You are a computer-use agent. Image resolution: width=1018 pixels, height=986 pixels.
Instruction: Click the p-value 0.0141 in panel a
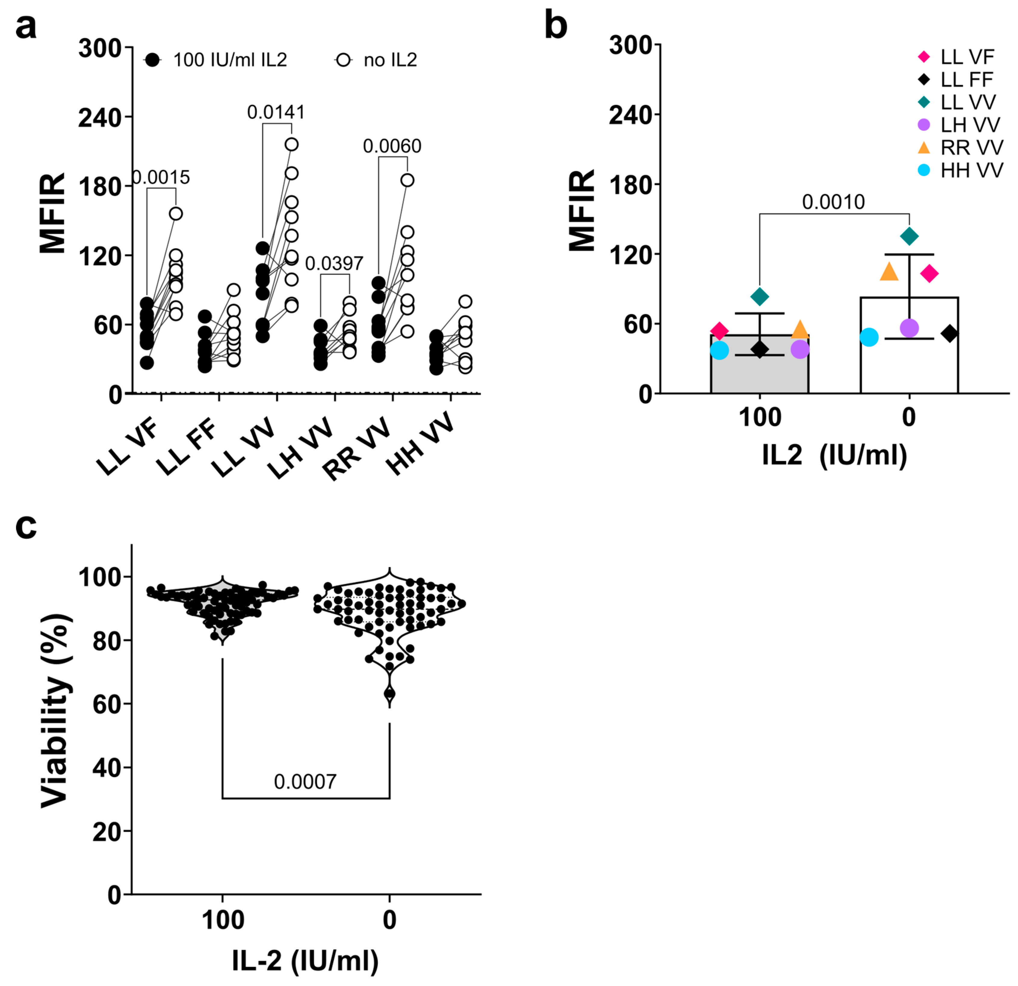point(276,112)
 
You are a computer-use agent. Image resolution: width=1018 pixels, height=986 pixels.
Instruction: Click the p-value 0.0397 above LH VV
point(334,264)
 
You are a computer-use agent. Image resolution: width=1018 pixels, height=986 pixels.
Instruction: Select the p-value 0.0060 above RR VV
point(392,147)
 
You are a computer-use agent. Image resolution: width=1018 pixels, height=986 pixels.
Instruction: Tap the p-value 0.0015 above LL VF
point(162,178)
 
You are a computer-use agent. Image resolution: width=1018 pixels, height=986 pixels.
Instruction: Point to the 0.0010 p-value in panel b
point(833,202)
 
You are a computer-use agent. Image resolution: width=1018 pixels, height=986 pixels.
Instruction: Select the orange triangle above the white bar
point(889,272)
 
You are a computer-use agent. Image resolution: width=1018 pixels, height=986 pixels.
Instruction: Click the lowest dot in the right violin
point(390,693)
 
